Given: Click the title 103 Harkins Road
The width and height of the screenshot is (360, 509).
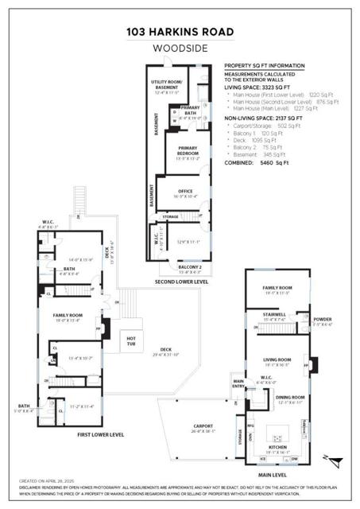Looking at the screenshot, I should (x=180, y=33).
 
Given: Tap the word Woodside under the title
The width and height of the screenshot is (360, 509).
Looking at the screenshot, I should (x=180, y=48).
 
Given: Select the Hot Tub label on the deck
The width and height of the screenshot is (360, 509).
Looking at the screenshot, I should (x=132, y=340).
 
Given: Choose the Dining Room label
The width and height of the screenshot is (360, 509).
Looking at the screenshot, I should (x=290, y=398).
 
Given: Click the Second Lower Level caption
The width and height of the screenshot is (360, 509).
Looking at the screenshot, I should (x=182, y=282).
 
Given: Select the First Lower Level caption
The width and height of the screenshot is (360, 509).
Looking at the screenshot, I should (x=101, y=435).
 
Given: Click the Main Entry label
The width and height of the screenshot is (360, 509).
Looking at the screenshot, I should (x=238, y=384).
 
